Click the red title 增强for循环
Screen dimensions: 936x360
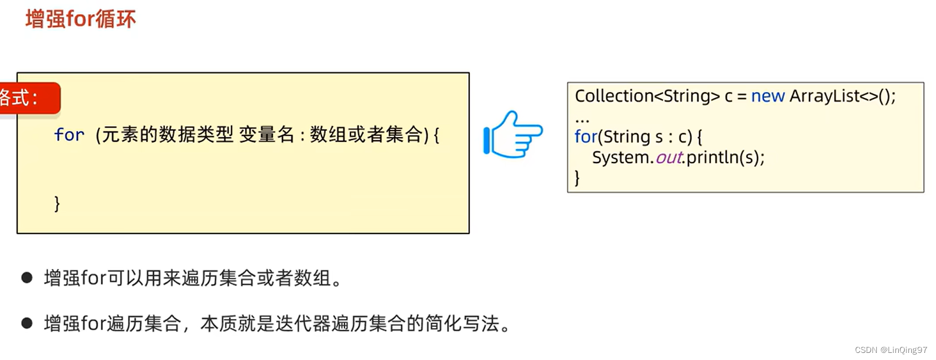pyautogui.click(x=80, y=19)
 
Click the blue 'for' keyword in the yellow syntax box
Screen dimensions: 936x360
pyautogui.click(x=69, y=135)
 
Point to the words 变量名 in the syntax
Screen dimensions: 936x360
pyautogui.click(x=266, y=135)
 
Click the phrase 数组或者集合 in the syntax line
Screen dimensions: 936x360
pyautogui.click(x=366, y=135)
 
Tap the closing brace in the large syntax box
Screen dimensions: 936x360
pyautogui.click(x=57, y=203)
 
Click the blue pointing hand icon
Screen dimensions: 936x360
pyautogui.click(x=513, y=135)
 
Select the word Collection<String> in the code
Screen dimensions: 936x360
pyautogui.click(x=647, y=96)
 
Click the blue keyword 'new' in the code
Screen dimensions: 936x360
pyautogui.click(x=768, y=96)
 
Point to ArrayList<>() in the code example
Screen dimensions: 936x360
pyautogui.click(x=841, y=96)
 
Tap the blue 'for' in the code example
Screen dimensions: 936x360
pyautogui.click(x=585, y=137)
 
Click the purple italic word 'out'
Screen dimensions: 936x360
pyautogui.click(x=669, y=157)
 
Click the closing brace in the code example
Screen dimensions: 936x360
pyautogui.click(x=577, y=177)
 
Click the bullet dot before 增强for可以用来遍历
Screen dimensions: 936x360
pyautogui.click(x=27, y=277)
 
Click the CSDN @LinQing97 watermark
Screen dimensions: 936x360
pyautogui.click(x=890, y=350)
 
